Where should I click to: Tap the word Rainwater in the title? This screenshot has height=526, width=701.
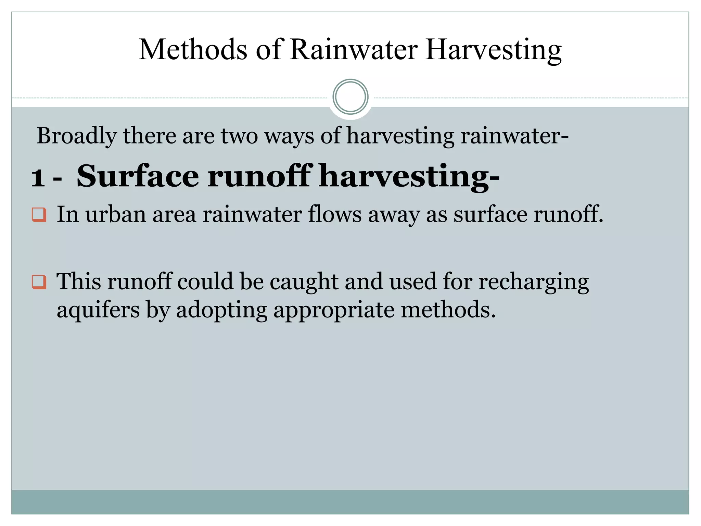[354, 50]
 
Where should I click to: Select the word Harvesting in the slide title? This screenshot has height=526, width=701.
[493, 50]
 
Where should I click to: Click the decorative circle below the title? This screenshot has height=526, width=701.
[350, 97]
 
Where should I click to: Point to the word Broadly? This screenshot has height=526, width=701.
[77, 136]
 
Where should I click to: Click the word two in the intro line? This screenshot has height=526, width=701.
[239, 136]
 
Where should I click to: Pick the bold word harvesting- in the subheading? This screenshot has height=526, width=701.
[409, 177]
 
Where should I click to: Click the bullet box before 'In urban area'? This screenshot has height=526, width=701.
[39, 215]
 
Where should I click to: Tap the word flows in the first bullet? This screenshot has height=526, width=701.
[335, 214]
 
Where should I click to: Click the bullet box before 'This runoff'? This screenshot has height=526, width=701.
[39, 282]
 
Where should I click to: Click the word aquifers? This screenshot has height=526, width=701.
[98, 310]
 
